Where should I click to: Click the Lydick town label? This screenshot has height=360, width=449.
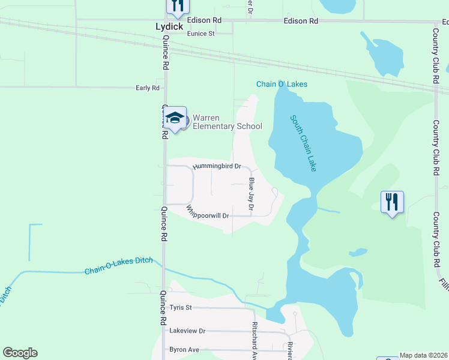pos(169,27)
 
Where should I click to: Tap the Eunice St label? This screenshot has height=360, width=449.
pos(200,34)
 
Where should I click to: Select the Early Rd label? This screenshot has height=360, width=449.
pos(148,88)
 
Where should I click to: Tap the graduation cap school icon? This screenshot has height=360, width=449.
pos(175,118)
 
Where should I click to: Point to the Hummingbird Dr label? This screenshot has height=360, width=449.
pos(217,166)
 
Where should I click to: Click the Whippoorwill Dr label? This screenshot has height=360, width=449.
pos(208,214)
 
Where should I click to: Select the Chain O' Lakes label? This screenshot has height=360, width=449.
pos(282,84)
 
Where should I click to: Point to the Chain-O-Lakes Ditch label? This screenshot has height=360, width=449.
pos(118,266)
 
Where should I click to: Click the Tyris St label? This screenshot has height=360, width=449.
pos(180,308)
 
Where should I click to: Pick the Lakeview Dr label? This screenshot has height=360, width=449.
pos(187,331)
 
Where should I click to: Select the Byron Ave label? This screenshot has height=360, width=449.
pos(184,349)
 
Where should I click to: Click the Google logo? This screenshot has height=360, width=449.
pos(20,353)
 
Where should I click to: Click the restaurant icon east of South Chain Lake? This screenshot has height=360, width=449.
pos(392,202)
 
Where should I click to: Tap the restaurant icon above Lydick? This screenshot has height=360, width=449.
pos(177,6)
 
